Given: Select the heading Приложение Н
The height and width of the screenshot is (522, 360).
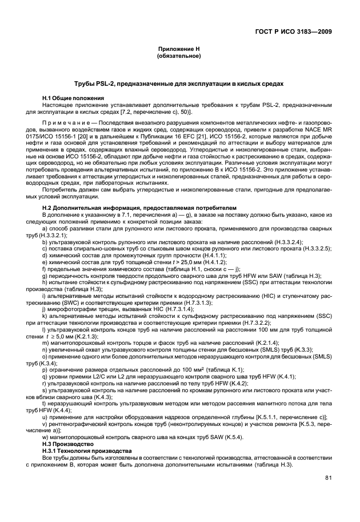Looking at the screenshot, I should [180, 50].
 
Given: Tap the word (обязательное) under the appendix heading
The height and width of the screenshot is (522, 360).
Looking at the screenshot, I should [180, 57].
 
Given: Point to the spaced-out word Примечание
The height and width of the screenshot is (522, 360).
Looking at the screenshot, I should [64, 124].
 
